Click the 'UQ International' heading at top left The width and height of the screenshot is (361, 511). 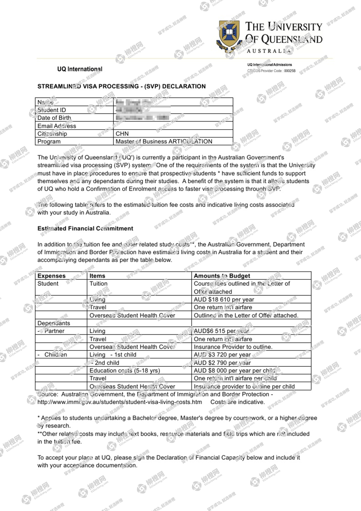[80, 69]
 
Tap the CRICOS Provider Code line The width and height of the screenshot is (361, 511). [271, 71]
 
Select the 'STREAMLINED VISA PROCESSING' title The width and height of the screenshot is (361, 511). [121, 86]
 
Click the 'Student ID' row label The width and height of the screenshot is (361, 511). [52, 110]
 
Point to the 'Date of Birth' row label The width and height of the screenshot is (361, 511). [54, 118]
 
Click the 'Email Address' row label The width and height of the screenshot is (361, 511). [57, 126]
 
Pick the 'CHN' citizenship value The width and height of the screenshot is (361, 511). [122, 134]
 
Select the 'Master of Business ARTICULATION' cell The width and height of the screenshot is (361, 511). [164, 141]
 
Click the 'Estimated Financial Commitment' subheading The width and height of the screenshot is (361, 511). [85, 228]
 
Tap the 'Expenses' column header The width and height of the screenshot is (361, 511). [51, 276]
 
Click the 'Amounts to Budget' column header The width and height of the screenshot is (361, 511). [222, 276]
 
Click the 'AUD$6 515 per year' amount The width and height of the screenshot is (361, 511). [221, 331]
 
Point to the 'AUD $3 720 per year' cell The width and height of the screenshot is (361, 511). [222, 355]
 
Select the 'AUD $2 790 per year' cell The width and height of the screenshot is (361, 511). [222, 363]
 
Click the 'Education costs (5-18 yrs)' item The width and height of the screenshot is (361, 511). [125, 370]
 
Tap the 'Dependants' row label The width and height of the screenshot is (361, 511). [54, 323]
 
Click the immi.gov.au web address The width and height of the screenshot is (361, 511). [120, 402]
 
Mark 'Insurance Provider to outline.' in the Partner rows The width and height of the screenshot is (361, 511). [233, 347]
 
